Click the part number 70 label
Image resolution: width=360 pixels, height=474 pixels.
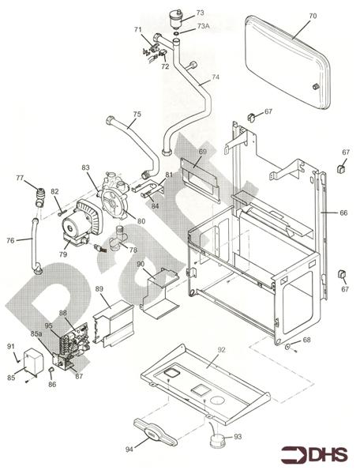pyautogui.click(x=291, y=16)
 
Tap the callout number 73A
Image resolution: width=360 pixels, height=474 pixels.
pyautogui.click(x=203, y=26)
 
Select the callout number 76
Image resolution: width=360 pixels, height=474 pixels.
pyautogui.click(x=10, y=241)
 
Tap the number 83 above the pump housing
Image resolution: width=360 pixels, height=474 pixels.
pyautogui.click(x=85, y=167)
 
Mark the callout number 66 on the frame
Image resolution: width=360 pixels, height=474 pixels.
pyautogui.click(x=343, y=213)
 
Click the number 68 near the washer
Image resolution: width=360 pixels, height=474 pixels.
pyautogui.click(x=307, y=340)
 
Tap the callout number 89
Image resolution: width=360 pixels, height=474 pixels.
pyautogui.click(x=99, y=290)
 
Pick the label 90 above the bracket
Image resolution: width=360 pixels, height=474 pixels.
pyautogui.click(x=140, y=263)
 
